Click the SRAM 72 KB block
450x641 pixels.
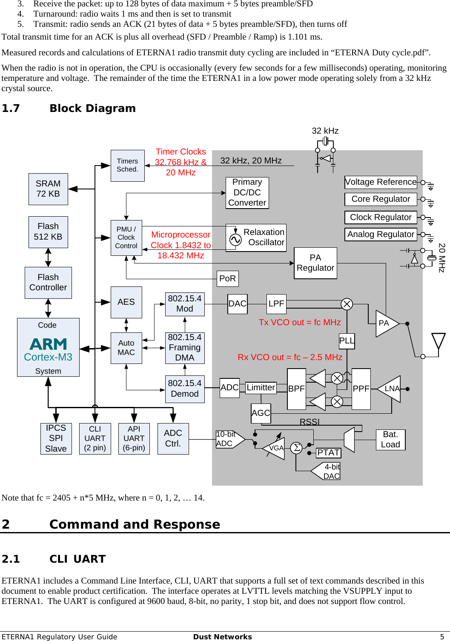48,189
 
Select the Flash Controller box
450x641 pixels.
48,283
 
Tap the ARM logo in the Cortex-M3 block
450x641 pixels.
48,343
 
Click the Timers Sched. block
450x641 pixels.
127,166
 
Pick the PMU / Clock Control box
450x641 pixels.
126,238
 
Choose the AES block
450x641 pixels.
126,302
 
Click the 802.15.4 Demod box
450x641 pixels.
185,389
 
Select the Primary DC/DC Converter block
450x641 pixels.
247,193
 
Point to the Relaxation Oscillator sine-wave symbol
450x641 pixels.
235,240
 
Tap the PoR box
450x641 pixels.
227,279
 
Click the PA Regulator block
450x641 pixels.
315,263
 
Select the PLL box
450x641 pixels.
347,341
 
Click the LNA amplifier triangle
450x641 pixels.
390,389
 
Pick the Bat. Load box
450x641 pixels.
390,440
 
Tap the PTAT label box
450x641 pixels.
328,453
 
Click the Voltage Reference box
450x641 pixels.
381,182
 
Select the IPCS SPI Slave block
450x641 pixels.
56,438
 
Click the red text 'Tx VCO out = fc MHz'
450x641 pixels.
300,323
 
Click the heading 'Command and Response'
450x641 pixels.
135,524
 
